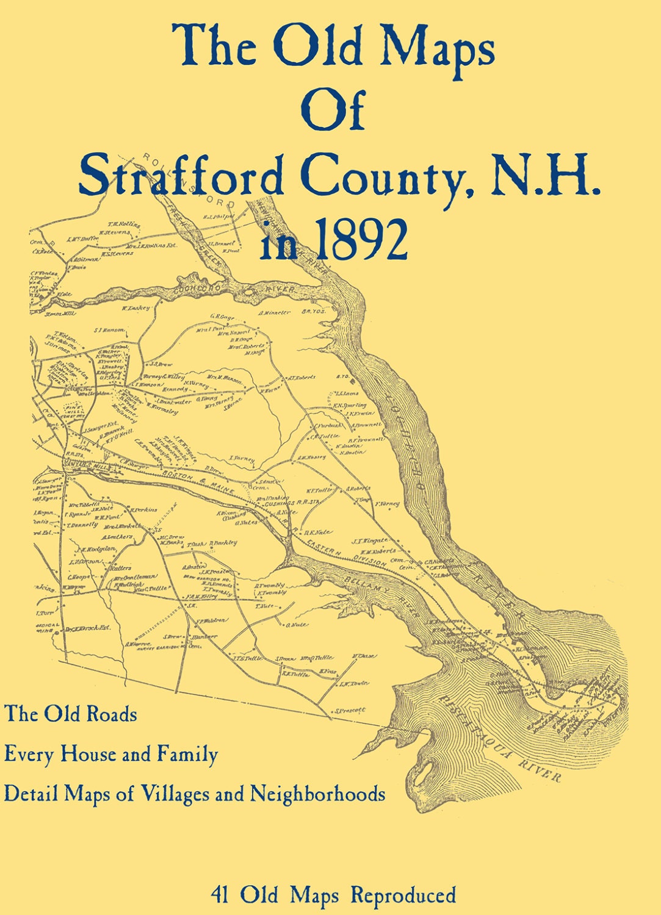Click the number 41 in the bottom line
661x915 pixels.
(221, 895)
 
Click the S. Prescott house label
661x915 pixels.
(350, 710)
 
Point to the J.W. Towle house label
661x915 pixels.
(354, 683)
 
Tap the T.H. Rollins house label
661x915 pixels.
(124, 225)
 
